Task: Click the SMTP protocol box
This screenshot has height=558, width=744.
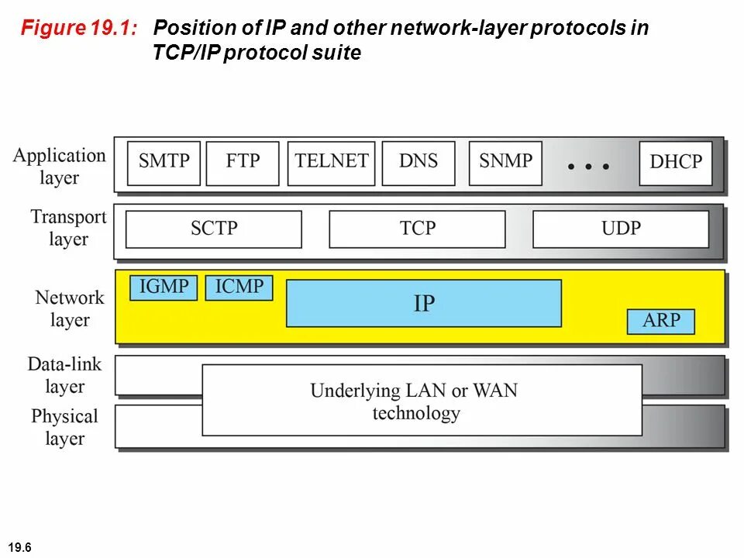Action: click(164, 163)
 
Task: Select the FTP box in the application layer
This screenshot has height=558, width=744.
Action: click(243, 163)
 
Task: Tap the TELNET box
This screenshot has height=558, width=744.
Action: click(331, 163)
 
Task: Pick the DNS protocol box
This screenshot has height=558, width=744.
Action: click(418, 163)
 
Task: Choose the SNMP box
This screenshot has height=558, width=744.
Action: click(505, 163)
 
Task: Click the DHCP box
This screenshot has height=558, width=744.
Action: click(676, 163)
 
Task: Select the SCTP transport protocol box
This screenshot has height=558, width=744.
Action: click(214, 229)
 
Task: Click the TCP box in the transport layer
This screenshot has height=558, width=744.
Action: click(417, 229)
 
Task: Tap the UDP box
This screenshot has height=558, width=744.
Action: click(621, 229)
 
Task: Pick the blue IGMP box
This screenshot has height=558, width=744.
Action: click(164, 288)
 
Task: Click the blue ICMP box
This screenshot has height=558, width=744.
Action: click(239, 288)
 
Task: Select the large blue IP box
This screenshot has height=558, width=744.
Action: click(424, 303)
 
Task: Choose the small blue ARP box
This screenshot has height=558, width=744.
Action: click(660, 321)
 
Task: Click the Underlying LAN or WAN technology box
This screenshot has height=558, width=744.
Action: click(422, 400)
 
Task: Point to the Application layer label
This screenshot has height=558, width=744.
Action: click(59, 166)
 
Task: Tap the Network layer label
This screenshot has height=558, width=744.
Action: click(69, 308)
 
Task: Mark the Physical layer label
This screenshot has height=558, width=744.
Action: click(64, 427)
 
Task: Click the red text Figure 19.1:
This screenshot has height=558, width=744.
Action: click(80, 29)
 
